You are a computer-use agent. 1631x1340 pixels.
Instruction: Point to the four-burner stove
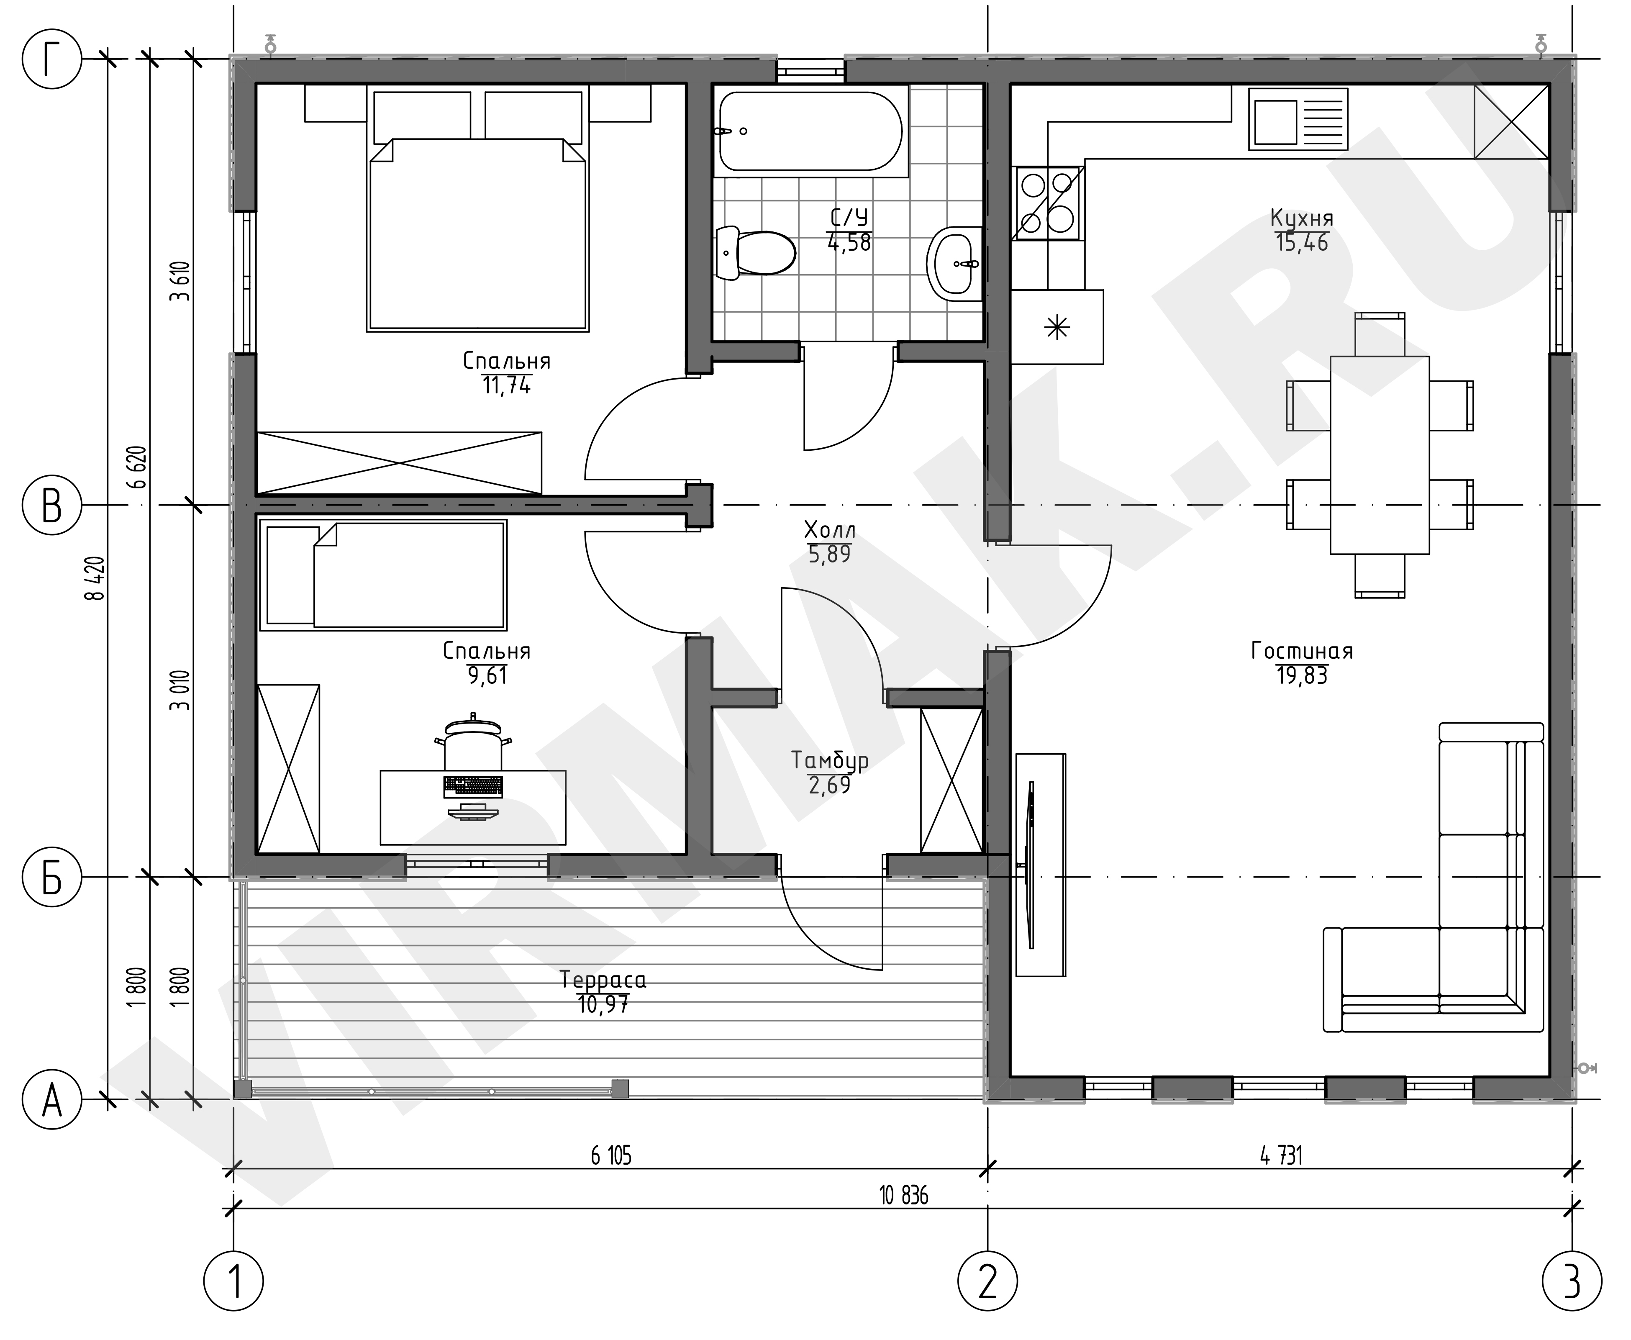(x=1048, y=204)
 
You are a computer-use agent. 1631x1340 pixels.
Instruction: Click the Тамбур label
(x=830, y=760)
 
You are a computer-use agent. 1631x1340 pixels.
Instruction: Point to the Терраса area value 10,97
(x=603, y=1004)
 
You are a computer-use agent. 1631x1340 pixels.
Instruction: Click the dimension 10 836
(x=903, y=1196)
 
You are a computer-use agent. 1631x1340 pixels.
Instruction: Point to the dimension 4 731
(x=1281, y=1155)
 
